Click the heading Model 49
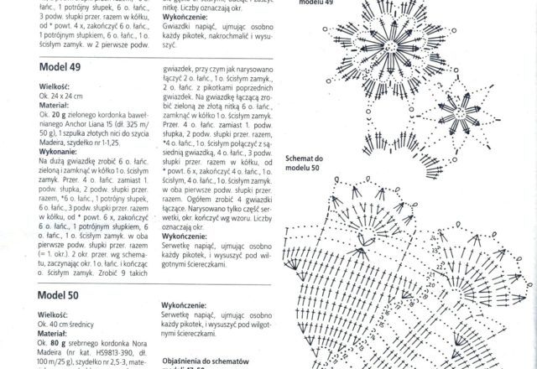pos(60,66)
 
